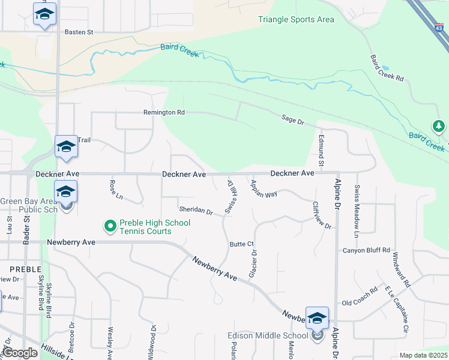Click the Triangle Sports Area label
pos(296,19)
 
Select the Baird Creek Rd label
pos(387,68)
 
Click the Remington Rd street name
pos(164,112)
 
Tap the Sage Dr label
pos(293,121)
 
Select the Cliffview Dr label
pos(322,215)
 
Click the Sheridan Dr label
pos(196,211)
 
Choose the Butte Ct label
pos(243,244)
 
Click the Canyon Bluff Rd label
pos(366,250)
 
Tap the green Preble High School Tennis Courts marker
pos(110,226)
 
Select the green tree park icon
pos(439,126)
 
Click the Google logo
pos(21,353)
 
